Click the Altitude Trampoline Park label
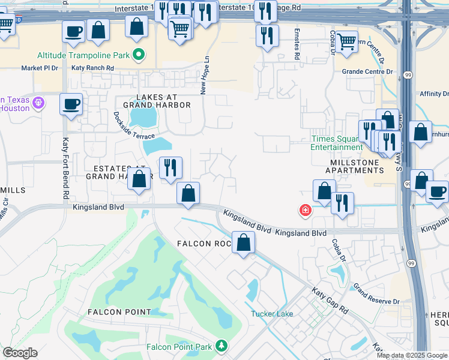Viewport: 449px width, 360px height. click(84, 55)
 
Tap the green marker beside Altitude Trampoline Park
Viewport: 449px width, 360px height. click(139, 56)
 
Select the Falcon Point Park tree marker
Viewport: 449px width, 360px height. click(222, 346)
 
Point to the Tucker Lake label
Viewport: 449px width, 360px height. click(271, 314)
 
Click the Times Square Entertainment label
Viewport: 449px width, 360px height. click(336, 143)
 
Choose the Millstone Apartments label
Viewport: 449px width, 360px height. click(354, 166)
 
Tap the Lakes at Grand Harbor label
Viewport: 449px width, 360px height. click(155, 101)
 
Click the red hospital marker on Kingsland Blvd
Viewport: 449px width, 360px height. click(306, 210)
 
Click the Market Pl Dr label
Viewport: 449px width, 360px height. click(40, 68)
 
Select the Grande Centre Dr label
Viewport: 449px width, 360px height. click(367, 71)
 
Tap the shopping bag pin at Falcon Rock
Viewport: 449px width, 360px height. click(243, 242)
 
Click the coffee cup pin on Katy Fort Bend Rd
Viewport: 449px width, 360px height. click(71, 104)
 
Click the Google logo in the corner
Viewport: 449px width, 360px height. click(20, 353)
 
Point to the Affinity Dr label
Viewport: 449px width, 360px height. click(434, 94)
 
